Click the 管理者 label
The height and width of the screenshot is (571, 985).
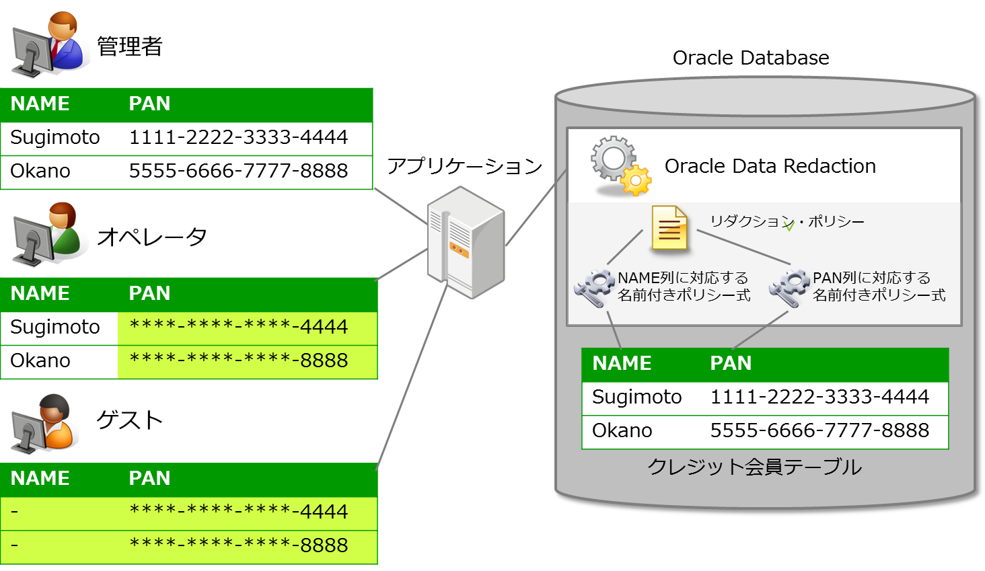click(x=129, y=46)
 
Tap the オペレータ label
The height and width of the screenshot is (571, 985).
click(x=151, y=237)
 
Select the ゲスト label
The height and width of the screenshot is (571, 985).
click(x=129, y=420)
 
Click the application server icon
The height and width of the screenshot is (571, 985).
click(x=465, y=242)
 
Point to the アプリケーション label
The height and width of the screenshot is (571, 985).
click(x=464, y=166)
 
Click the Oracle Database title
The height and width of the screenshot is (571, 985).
click(x=751, y=58)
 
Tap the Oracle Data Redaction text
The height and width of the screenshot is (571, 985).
click(x=770, y=166)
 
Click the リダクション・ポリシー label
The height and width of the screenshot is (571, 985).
click(x=787, y=221)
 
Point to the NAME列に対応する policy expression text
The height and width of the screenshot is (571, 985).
click(x=684, y=287)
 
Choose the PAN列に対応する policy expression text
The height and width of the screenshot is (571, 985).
click(x=879, y=287)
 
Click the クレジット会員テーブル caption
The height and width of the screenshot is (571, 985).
click(x=754, y=467)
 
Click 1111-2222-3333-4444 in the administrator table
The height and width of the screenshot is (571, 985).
click(x=238, y=137)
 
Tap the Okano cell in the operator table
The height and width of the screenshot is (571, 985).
click(x=40, y=360)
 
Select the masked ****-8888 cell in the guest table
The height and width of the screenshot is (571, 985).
click(x=238, y=545)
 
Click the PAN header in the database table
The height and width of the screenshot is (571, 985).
click(x=731, y=363)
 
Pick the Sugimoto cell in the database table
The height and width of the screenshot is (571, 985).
click(x=636, y=397)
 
